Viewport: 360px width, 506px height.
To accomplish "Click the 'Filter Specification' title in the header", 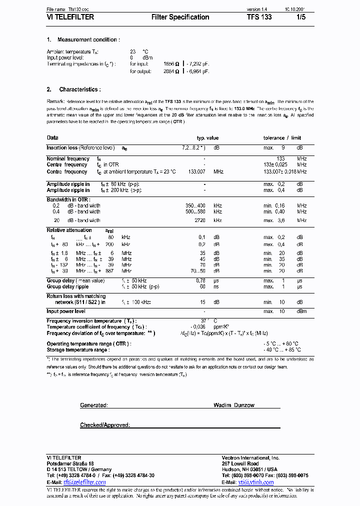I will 180,17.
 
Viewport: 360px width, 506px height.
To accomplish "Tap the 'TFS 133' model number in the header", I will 259,17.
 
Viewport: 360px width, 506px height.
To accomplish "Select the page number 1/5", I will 300,17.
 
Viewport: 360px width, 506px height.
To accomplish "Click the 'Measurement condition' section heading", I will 88,39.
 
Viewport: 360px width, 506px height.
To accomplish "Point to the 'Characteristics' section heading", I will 79,89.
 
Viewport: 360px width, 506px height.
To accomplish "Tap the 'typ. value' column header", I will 207,137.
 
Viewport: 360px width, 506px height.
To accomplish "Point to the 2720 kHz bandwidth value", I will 199,220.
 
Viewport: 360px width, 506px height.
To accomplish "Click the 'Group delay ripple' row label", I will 67,286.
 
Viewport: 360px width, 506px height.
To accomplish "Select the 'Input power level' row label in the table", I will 66,311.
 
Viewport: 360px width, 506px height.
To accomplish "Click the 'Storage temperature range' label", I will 77,350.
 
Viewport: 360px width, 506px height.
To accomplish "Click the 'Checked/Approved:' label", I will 105,425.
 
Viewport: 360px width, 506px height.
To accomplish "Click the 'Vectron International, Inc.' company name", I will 250,458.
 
